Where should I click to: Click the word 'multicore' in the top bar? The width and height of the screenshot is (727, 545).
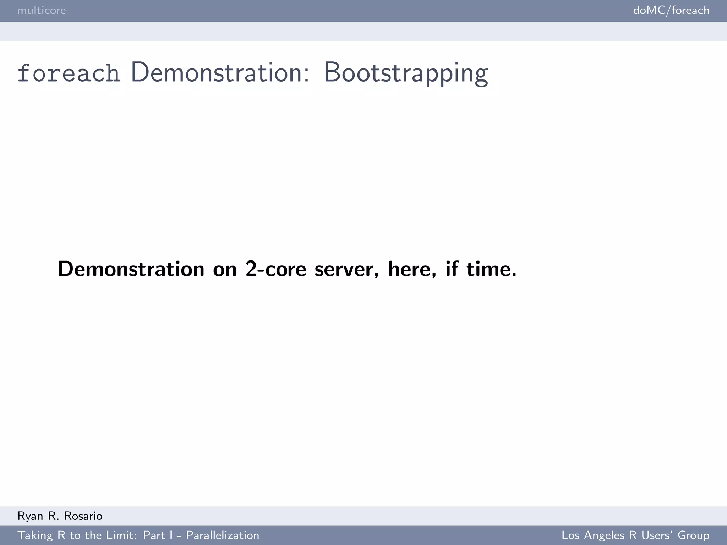pos(42,10)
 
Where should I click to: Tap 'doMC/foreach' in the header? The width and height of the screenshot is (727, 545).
pos(671,10)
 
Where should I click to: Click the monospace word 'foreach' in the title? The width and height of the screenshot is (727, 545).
pos(69,73)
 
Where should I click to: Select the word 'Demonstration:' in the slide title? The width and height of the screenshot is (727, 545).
pos(220,72)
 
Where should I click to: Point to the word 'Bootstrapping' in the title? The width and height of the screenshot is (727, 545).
pos(406,73)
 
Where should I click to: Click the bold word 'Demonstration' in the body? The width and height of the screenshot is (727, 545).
pos(131,269)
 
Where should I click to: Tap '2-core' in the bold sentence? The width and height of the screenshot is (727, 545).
pos(275,269)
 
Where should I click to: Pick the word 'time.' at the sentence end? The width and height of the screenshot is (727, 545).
pos(491,269)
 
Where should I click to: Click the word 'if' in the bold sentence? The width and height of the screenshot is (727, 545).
pos(452,269)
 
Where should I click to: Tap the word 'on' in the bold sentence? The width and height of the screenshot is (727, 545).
pos(225,269)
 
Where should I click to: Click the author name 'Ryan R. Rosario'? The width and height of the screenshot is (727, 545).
pos(60,516)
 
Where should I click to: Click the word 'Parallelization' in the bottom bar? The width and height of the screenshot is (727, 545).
pos(223,535)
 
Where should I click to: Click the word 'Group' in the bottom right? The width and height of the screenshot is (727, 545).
pos(693,535)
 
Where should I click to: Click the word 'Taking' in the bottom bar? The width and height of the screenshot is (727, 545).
pos(35,535)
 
